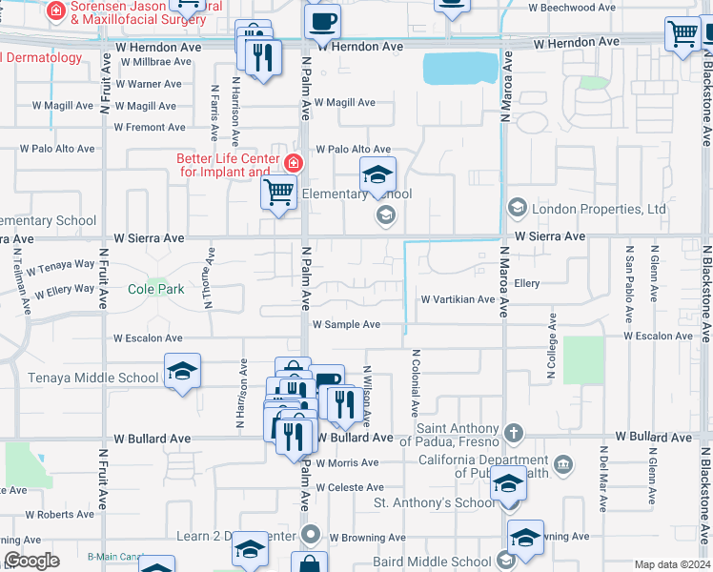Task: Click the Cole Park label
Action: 155,289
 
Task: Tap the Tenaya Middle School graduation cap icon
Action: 183,372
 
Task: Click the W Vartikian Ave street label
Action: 458,299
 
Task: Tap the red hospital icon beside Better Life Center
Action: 293,162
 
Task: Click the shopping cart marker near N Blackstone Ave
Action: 682,35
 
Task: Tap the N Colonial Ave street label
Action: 416,382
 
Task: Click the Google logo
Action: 31,561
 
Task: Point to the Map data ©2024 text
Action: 672,564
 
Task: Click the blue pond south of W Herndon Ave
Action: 460,68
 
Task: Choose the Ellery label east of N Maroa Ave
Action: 526,284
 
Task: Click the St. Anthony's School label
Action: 434,502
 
